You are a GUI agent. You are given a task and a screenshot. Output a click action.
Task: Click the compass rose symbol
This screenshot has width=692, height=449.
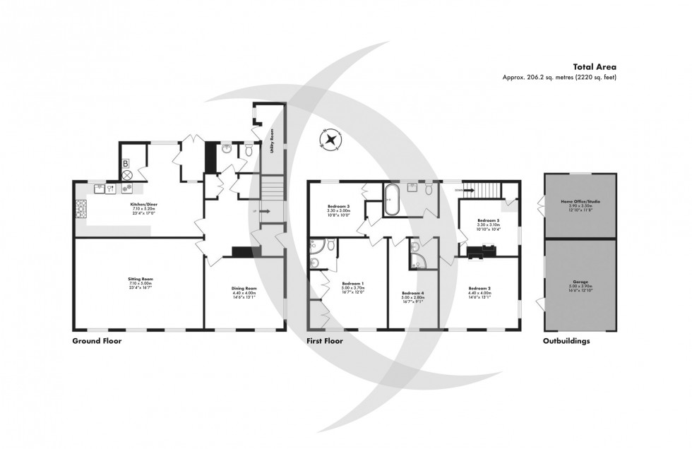click(x=330, y=140)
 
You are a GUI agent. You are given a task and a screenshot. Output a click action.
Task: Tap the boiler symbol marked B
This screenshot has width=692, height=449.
click(x=126, y=164)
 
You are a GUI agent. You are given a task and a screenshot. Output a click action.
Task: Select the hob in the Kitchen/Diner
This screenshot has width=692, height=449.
click(x=80, y=208)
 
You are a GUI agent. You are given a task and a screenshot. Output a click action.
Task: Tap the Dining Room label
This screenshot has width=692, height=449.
click(x=244, y=288)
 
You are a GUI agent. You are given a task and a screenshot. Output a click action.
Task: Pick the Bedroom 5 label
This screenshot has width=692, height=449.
click(x=488, y=220)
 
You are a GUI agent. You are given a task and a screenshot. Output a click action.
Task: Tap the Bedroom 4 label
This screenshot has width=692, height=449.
click(x=413, y=292)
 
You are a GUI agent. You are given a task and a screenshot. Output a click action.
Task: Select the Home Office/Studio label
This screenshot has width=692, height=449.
click(x=580, y=201)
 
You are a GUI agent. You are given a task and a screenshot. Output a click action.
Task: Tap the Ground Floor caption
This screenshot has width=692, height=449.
click(x=97, y=341)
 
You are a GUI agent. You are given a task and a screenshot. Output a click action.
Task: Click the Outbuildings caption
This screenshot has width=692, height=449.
click(x=566, y=341)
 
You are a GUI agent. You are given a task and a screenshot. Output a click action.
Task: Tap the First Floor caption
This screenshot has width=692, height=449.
click(x=324, y=341)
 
